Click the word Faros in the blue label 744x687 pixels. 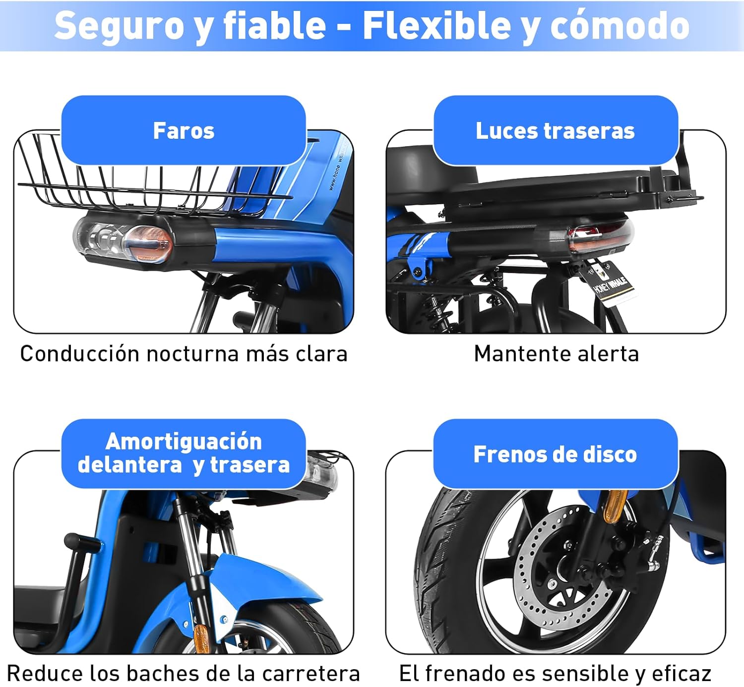[x=184, y=131]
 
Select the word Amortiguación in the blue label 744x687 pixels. [x=184, y=442]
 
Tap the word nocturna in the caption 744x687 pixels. [x=192, y=354]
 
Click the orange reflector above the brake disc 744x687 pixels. [x=616, y=506]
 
